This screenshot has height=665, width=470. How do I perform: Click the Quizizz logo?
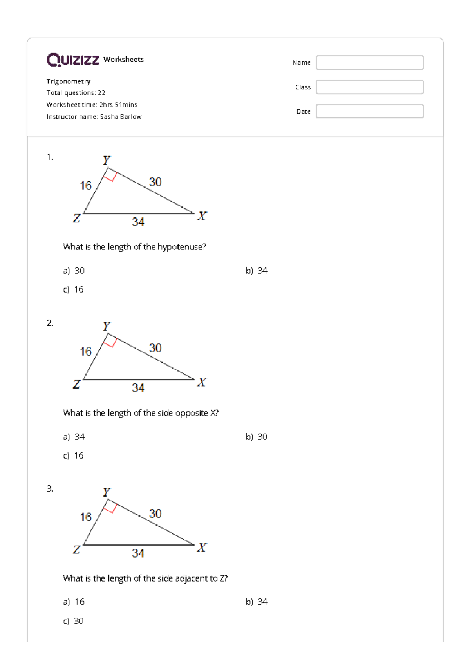(73, 60)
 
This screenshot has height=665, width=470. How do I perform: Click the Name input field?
(369, 63)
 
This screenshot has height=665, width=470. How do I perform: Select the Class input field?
(369, 87)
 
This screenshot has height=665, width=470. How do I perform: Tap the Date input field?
(369, 111)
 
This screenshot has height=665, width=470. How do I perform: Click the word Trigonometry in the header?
(69, 81)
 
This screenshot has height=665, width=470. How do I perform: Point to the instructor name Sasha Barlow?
(121, 117)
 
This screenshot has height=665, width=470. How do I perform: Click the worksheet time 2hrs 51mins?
(118, 105)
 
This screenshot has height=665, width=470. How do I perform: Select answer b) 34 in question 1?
(257, 271)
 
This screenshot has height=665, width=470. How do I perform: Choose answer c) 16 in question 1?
(74, 289)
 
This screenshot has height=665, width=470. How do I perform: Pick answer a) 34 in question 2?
(74, 437)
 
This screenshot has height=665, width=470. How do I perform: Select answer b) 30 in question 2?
(257, 437)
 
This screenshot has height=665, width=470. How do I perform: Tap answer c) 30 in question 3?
(74, 621)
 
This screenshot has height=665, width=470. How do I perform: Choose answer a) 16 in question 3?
(74, 602)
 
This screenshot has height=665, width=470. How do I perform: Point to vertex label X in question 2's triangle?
(202, 382)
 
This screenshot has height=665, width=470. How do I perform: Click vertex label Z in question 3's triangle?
(76, 549)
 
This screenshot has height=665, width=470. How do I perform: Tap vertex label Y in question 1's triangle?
(107, 160)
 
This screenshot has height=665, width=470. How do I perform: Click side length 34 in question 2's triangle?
(138, 388)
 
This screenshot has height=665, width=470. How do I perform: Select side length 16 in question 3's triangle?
(86, 517)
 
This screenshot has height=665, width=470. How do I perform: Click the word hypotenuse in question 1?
(181, 247)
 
